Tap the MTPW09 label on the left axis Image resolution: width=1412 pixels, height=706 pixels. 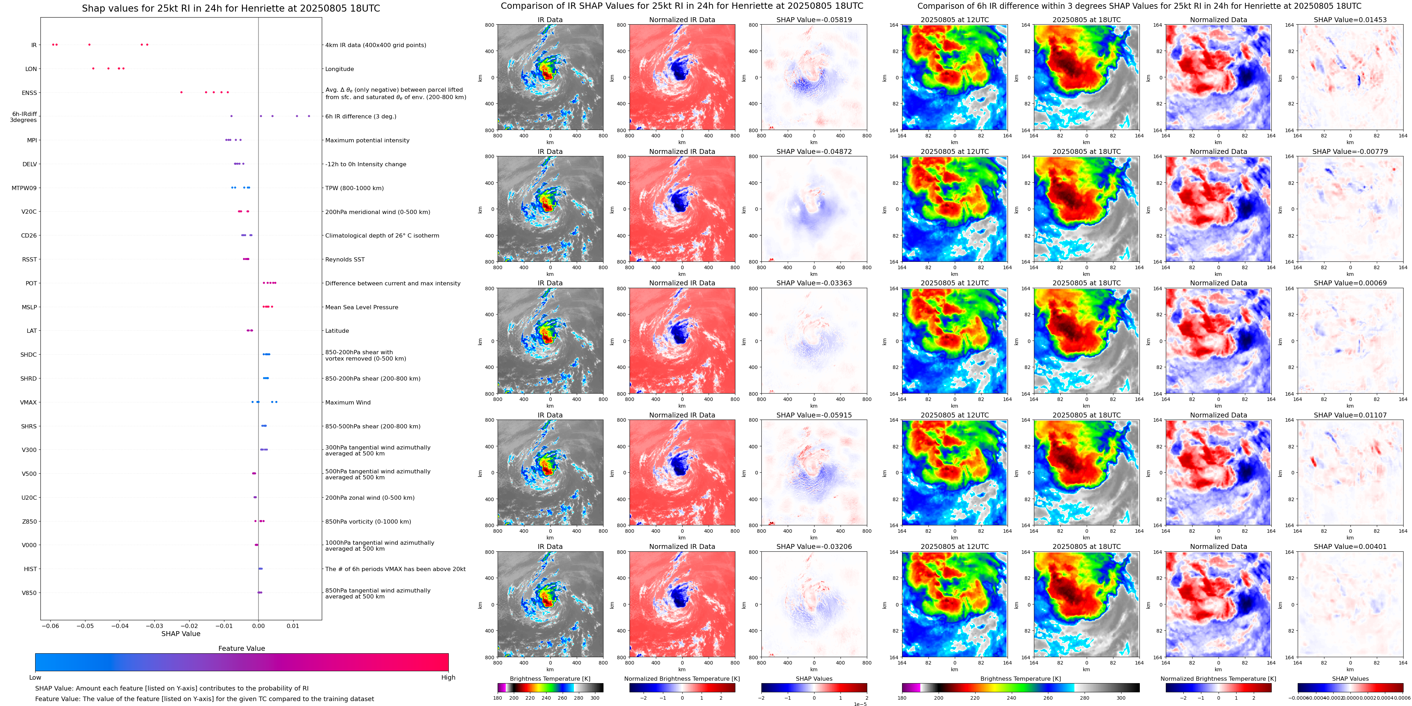pos(24,188)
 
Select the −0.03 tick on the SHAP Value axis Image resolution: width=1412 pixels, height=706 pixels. pos(155,626)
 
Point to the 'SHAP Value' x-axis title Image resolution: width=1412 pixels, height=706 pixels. pos(181,634)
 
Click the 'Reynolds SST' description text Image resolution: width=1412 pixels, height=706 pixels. pos(345,260)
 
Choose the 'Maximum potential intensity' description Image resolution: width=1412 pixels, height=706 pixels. pos(367,140)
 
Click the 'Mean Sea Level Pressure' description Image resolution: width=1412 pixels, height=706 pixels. pos(362,307)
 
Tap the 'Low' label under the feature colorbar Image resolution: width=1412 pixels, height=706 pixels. pos(35,678)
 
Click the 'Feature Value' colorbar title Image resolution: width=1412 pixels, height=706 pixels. pos(241,648)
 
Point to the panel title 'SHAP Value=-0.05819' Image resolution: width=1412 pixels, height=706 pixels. pos(814,20)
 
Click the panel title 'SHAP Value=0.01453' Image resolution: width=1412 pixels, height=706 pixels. pos(1350,20)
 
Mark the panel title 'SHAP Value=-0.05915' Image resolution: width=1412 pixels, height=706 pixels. pos(814,415)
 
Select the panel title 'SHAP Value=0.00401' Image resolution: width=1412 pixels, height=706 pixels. pos(1350,546)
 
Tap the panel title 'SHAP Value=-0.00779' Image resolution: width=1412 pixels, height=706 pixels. pos(1350,152)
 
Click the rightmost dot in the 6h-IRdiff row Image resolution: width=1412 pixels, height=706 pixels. pos(309,116)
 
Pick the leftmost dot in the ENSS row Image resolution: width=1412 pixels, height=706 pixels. pos(181,92)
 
